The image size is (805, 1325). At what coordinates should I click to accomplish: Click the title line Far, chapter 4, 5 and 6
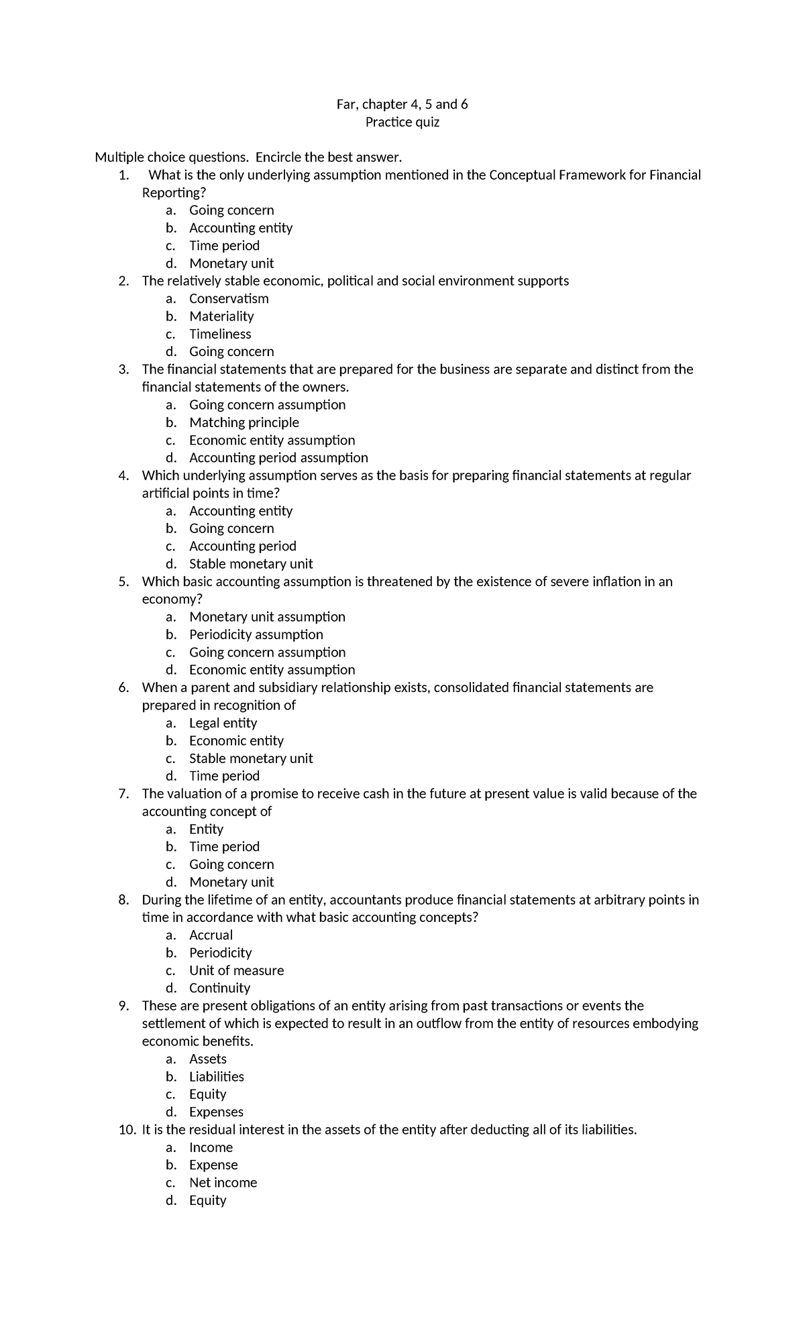pos(402,105)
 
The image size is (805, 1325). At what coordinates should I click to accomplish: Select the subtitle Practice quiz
pos(402,122)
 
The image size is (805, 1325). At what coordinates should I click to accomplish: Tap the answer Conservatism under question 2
pos(229,298)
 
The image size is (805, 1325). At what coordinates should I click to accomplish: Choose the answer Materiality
pos(221,316)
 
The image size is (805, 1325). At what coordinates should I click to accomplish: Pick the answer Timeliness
pos(220,334)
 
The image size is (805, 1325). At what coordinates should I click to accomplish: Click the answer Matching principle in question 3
pos(244,422)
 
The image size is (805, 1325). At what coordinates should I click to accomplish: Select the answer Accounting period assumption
pos(278,457)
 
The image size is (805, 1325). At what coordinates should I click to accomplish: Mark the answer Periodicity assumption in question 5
pos(256,634)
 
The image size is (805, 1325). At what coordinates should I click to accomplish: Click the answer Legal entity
pos(223,723)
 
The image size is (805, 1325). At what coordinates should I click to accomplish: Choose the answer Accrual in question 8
pos(211,935)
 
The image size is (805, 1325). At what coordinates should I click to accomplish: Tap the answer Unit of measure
pos(236,970)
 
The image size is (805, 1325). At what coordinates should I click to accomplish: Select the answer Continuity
pos(219,988)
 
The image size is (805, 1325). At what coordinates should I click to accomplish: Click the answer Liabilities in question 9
pos(216,1076)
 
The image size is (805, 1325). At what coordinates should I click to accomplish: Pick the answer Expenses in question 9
pos(216,1112)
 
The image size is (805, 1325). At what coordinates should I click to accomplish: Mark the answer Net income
pos(223,1182)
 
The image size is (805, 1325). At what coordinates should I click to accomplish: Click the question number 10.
pos(127,1130)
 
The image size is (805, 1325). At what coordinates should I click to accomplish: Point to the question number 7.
pos(123,794)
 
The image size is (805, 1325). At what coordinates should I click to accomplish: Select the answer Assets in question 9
pos(207,1059)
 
